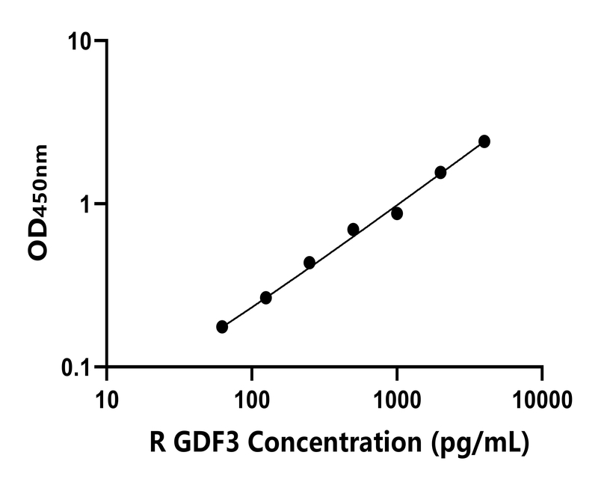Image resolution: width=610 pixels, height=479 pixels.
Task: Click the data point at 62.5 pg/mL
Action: pos(222,326)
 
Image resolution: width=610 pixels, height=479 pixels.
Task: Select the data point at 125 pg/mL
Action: pos(265,298)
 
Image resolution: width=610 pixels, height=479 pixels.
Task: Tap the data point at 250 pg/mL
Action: pos(309,263)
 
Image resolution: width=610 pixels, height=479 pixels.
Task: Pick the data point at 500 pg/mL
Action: pos(353,229)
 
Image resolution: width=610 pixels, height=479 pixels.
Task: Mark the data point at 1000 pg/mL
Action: pos(397,213)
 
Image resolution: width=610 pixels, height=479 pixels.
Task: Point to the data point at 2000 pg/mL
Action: pos(440,172)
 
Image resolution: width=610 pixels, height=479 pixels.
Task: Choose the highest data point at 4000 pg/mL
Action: pos(484,141)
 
